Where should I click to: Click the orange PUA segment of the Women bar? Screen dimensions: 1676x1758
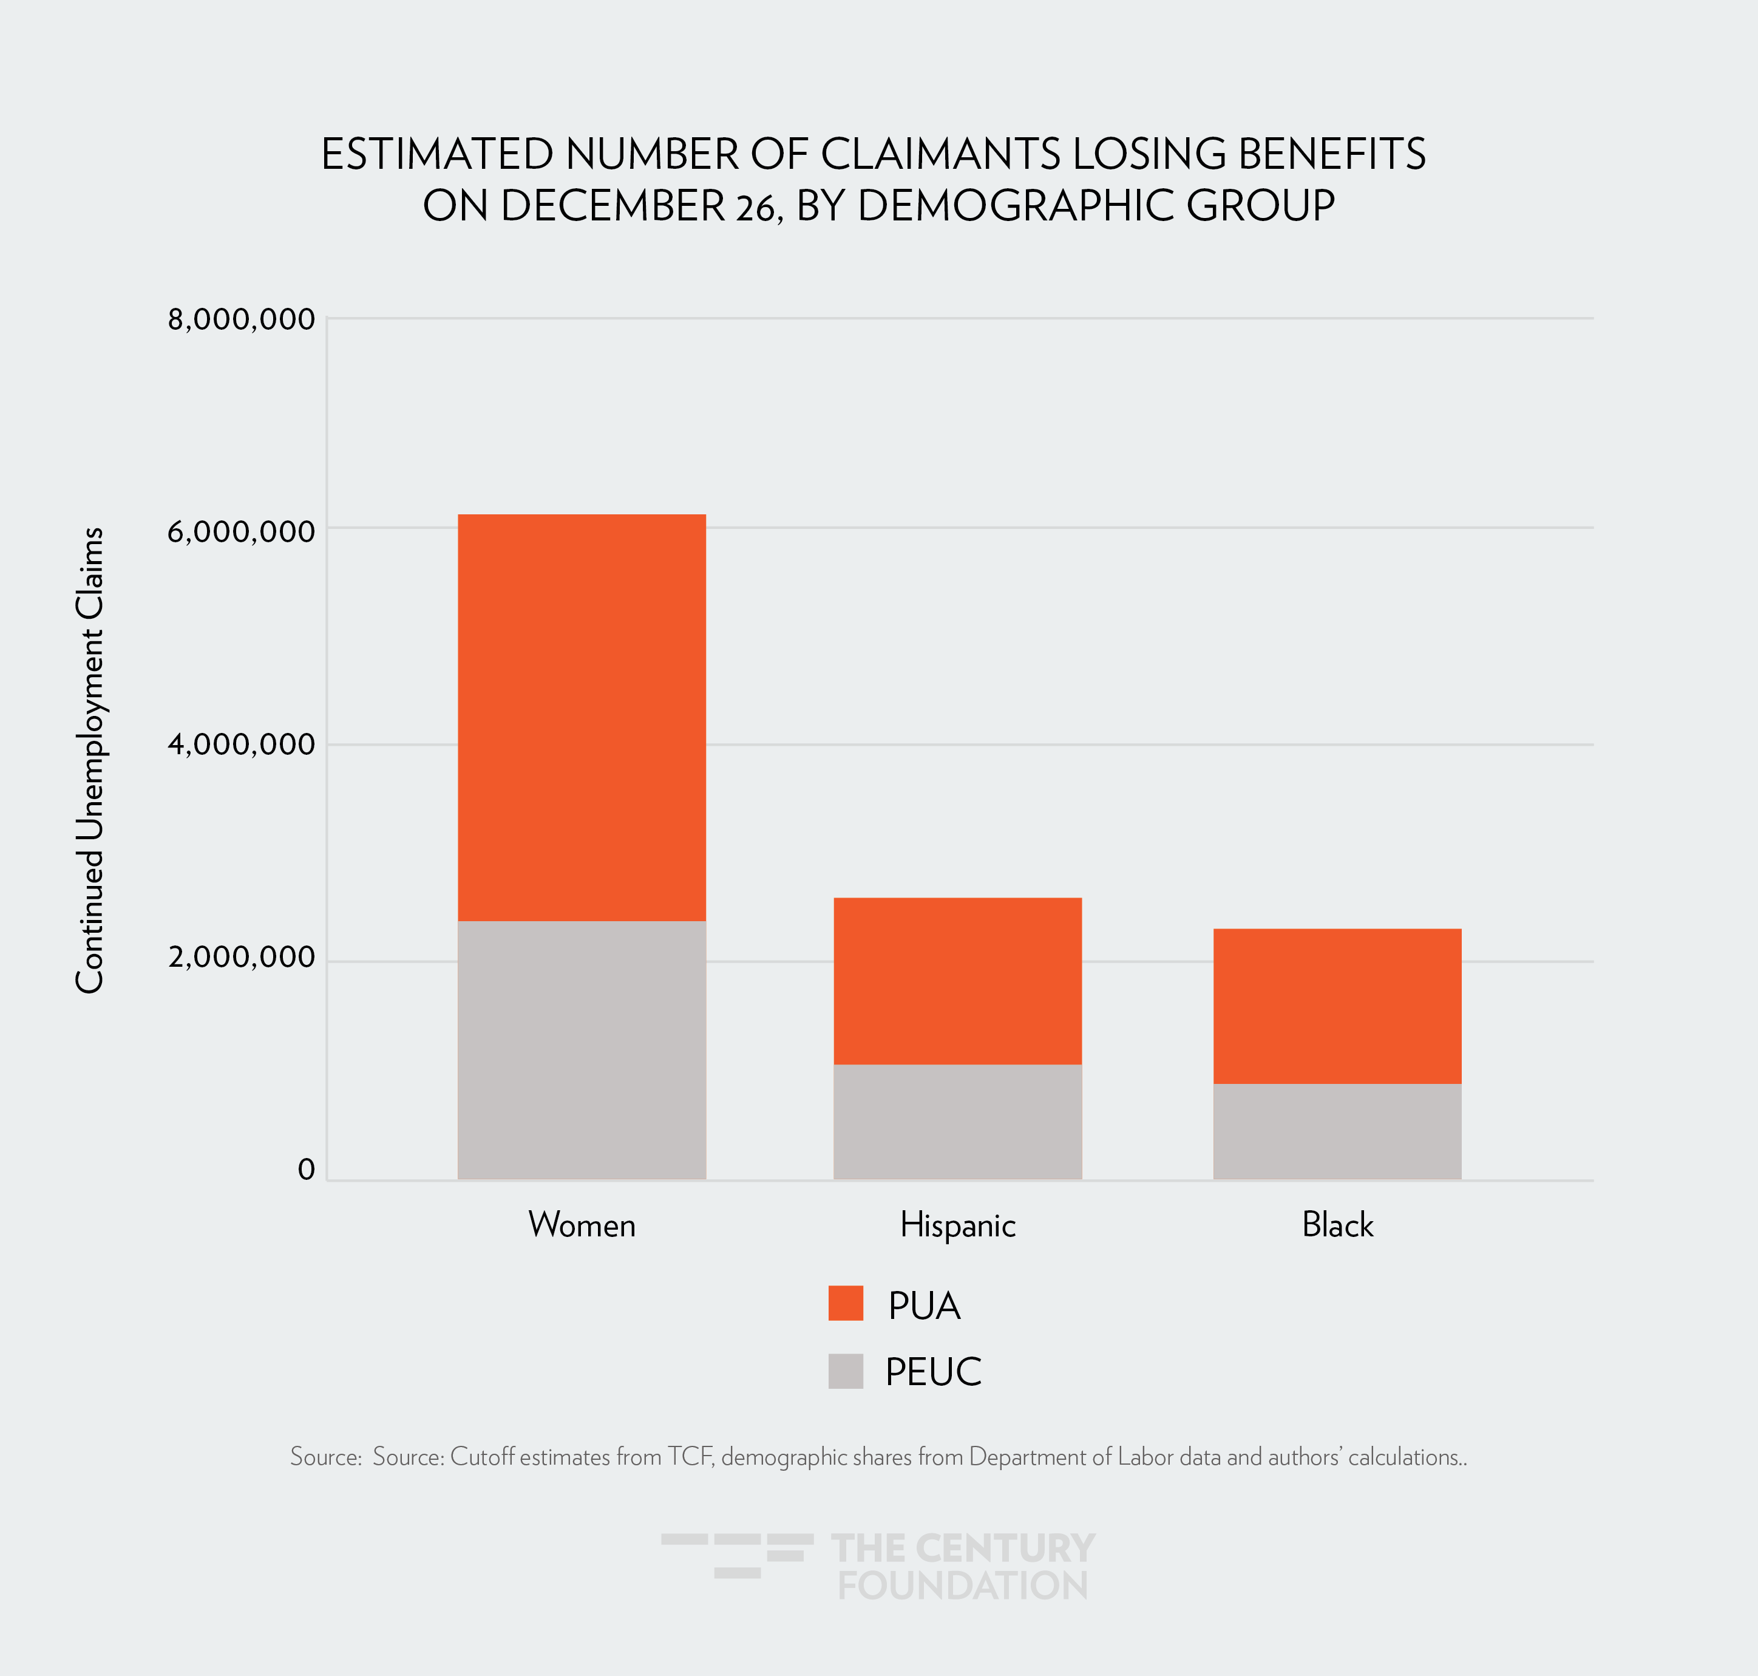(x=582, y=717)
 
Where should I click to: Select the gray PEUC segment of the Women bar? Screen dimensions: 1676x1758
(x=582, y=1050)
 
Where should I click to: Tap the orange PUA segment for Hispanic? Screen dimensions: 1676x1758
(x=957, y=980)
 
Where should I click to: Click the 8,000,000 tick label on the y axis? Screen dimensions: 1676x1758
(x=241, y=319)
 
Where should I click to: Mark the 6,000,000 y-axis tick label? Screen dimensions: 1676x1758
(x=241, y=531)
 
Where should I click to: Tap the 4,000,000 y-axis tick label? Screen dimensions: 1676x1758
(x=241, y=744)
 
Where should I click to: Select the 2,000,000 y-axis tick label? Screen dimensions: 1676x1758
(x=241, y=957)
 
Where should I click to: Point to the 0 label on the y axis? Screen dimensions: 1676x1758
(x=307, y=1170)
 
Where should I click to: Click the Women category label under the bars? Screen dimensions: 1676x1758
(x=582, y=1225)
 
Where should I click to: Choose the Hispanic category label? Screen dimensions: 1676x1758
(x=957, y=1225)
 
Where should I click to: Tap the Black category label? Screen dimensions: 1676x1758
(x=1337, y=1225)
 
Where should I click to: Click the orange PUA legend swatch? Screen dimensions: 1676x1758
(x=845, y=1304)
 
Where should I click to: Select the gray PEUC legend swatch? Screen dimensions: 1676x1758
(x=845, y=1371)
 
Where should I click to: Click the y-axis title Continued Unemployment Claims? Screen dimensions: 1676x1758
(x=89, y=760)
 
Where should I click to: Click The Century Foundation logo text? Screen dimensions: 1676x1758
(x=962, y=1567)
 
